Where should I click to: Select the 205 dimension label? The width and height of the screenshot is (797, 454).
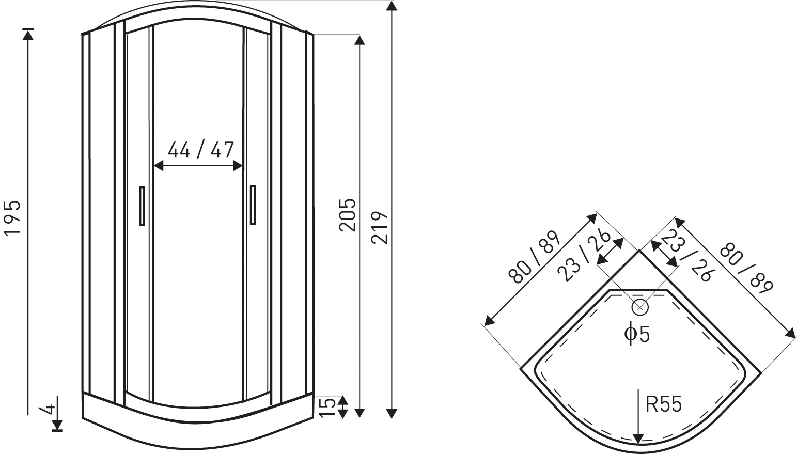pyautogui.click(x=347, y=215)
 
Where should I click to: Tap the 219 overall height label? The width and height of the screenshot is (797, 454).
pyautogui.click(x=379, y=227)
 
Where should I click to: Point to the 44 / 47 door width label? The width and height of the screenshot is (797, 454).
pyautogui.click(x=201, y=149)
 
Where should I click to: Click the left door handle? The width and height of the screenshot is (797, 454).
pyautogui.click(x=142, y=206)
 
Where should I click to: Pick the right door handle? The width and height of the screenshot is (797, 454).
pyautogui.click(x=253, y=205)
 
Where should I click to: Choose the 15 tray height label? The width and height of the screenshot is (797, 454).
pyautogui.click(x=328, y=408)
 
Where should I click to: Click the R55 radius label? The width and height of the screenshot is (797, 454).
pyautogui.click(x=664, y=404)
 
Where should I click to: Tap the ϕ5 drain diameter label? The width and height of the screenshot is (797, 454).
pyautogui.click(x=637, y=333)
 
